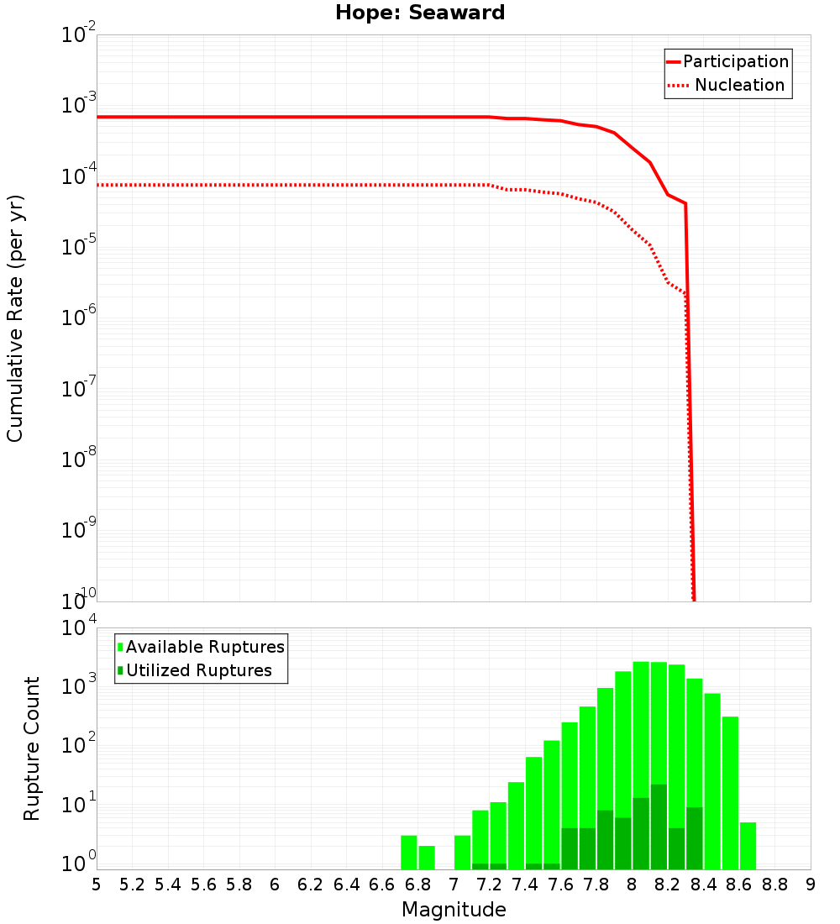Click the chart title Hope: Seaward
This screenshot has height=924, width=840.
tap(420, 13)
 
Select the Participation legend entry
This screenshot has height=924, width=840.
tap(735, 61)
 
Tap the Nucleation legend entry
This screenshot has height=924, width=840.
tap(739, 85)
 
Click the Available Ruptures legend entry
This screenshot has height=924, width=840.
tap(205, 647)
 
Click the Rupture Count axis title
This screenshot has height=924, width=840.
tap(32, 748)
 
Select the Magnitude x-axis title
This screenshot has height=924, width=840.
tap(454, 909)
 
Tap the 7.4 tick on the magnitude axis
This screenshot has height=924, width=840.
tap(525, 885)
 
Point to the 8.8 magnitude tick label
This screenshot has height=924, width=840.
tap(774, 885)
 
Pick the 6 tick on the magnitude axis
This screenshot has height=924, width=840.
tap(275, 885)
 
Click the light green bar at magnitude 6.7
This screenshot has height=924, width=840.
tap(409, 852)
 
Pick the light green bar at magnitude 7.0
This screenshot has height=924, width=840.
tap(462, 852)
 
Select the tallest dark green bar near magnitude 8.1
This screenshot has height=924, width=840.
tap(659, 827)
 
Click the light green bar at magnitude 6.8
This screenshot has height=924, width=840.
tap(427, 857)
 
